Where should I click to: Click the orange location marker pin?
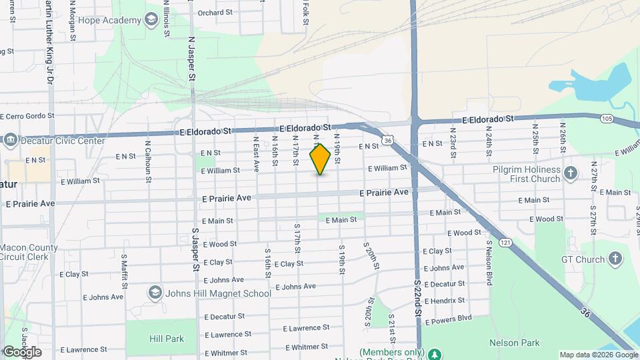click(320, 159)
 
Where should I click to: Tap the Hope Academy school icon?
click(152, 20)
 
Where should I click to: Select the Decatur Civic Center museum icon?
click(11, 141)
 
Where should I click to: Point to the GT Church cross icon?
click(615, 259)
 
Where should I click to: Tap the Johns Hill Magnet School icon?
click(155, 293)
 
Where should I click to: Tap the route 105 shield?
click(606, 118)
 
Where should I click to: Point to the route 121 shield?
click(507, 243)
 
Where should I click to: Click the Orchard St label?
click(215, 12)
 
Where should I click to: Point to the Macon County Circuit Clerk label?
click(29, 253)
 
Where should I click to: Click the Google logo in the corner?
click(22, 351)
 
